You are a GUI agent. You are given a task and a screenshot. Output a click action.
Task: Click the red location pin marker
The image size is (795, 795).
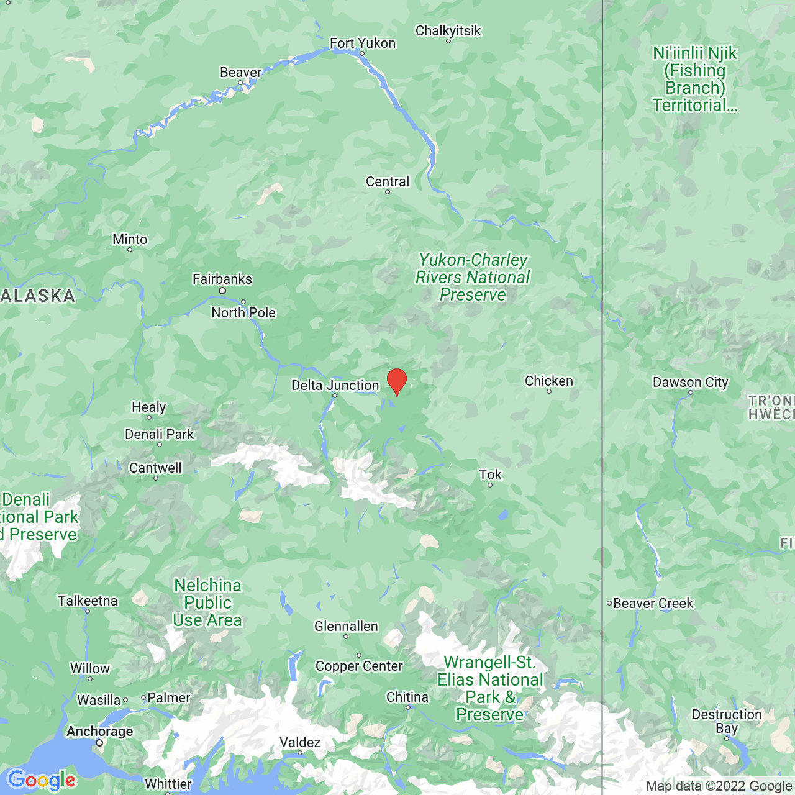pos(397,380)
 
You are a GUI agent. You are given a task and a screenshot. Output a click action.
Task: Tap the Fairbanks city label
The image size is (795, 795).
pos(222,279)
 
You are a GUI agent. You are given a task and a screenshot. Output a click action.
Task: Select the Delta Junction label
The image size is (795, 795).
pos(335,385)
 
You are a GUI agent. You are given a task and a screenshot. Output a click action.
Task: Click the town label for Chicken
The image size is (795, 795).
pos(549,381)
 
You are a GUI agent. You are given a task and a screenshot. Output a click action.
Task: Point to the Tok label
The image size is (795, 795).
pos(490,475)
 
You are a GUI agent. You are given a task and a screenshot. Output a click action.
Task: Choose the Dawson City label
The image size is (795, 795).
pos(691,382)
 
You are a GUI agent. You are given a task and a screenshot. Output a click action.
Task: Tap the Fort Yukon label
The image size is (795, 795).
pos(363,43)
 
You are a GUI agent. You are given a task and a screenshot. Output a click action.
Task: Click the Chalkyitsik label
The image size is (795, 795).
pos(448,30)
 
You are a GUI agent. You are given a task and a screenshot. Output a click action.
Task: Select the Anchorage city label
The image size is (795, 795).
pos(100,731)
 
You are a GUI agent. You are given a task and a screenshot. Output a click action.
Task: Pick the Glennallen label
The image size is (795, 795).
pos(346,626)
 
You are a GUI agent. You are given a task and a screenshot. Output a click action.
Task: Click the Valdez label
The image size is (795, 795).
pos(300,742)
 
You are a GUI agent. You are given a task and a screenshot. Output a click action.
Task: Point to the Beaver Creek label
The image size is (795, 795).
pos(653,603)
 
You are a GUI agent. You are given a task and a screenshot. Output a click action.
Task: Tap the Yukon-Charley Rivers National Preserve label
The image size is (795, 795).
pos(473,277)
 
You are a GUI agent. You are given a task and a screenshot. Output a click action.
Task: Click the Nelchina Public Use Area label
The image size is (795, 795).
pos(207,602)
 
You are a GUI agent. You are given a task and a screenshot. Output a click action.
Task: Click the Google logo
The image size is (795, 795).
pos(42,780)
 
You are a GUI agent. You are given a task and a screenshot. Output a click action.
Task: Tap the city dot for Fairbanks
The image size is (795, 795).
pos(222,291)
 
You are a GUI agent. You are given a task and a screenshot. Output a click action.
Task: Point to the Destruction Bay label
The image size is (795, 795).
pos(727,721)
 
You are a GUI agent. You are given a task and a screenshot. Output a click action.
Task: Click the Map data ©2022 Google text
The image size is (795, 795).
pos(719,786)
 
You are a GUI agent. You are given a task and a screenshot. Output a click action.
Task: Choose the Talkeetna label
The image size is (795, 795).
pos(88,601)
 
